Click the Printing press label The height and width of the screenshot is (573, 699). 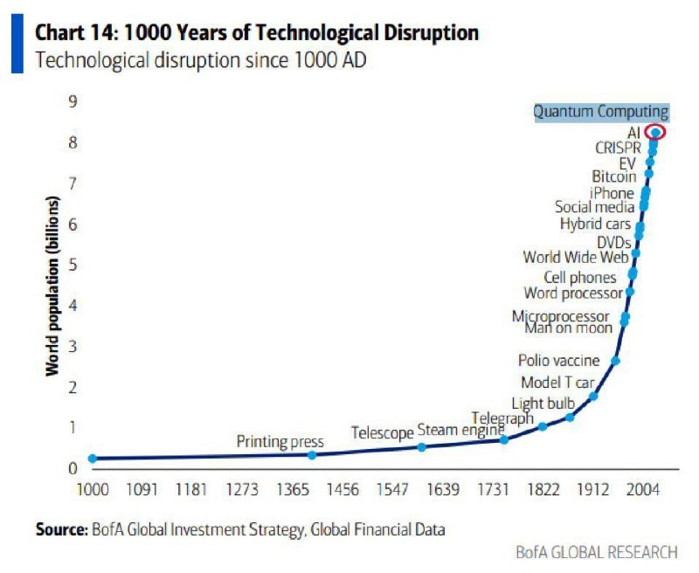(280, 442)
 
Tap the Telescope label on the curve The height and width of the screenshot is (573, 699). (382, 433)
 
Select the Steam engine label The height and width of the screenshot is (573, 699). (460, 430)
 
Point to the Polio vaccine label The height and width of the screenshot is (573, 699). (558, 360)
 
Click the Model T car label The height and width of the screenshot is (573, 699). (557, 383)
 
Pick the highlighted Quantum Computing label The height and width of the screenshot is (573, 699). (600, 112)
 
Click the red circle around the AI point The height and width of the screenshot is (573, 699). (655, 132)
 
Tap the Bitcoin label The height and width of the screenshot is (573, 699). (613, 177)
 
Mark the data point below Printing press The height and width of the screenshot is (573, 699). (313, 454)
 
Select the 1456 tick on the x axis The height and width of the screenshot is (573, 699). (341, 489)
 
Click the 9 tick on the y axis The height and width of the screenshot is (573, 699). (73, 101)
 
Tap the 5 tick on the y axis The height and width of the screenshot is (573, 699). (73, 265)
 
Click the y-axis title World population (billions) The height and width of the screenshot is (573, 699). (53, 288)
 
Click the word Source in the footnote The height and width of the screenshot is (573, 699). (60, 528)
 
